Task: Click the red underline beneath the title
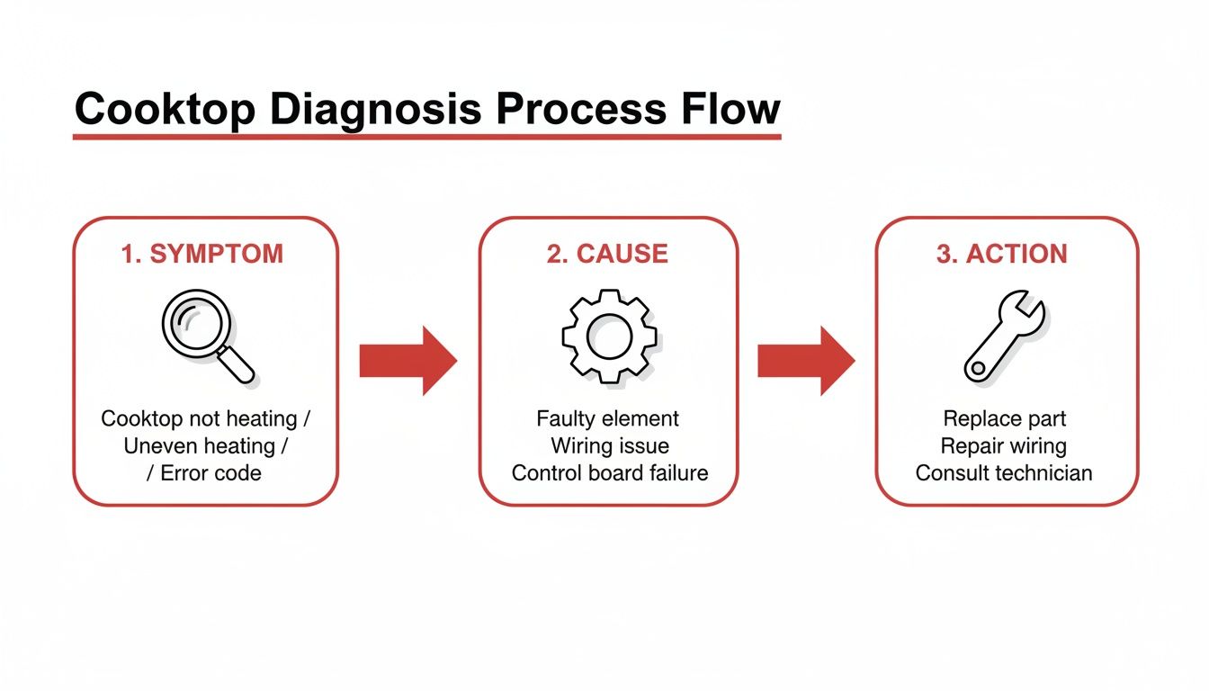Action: (426, 137)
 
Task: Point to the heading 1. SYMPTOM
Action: (202, 254)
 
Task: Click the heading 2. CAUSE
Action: (607, 254)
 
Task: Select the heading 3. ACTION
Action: (1001, 254)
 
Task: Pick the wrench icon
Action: (1004, 338)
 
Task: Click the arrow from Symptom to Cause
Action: (407, 361)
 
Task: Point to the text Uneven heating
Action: (199, 446)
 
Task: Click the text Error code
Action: (210, 473)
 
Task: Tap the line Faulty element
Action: (608, 418)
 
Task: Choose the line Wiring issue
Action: (610, 446)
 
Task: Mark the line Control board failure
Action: (610, 473)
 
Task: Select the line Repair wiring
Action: (1003, 446)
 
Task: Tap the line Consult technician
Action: (1003, 473)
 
